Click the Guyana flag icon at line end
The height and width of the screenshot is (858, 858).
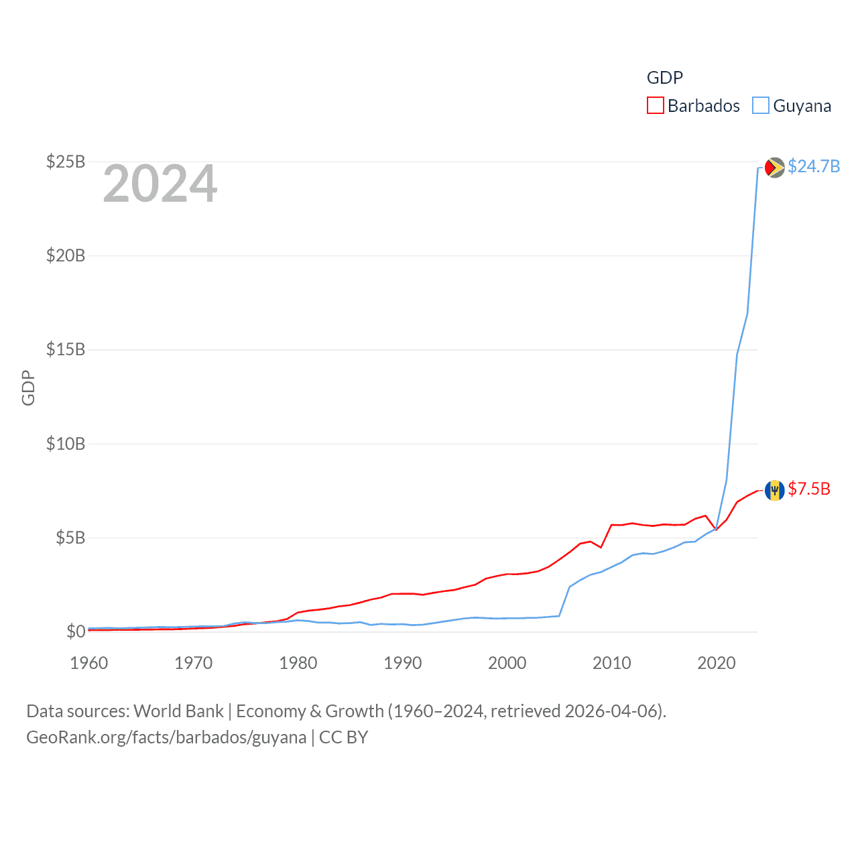click(774, 167)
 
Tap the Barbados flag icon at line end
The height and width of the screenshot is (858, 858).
click(774, 490)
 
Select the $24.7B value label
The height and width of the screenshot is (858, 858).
click(814, 166)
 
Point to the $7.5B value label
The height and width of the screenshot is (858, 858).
click(809, 489)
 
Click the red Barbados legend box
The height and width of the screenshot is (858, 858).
click(655, 106)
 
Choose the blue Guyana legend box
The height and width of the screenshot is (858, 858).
click(760, 106)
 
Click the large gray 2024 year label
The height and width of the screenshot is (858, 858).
click(160, 184)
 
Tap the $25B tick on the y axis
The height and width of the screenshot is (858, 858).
click(66, 162)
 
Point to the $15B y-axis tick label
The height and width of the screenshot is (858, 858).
click(66, 349)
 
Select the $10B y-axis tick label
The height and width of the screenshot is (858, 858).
click(66, 444)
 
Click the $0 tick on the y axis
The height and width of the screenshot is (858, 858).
click(75, 631)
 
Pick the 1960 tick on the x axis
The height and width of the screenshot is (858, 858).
click(89, 663)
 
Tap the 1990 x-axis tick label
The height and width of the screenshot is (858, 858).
click(403, 663)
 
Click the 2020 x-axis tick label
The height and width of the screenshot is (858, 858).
click(717, 663)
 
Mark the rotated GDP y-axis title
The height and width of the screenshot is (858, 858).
click(28, 387)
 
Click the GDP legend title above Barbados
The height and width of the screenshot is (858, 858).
click(664, 78)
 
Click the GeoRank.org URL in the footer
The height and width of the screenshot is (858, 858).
click(166, 737)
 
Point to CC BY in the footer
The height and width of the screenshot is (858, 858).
click(343, 737)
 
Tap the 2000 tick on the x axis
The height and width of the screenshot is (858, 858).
click(507, 663)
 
